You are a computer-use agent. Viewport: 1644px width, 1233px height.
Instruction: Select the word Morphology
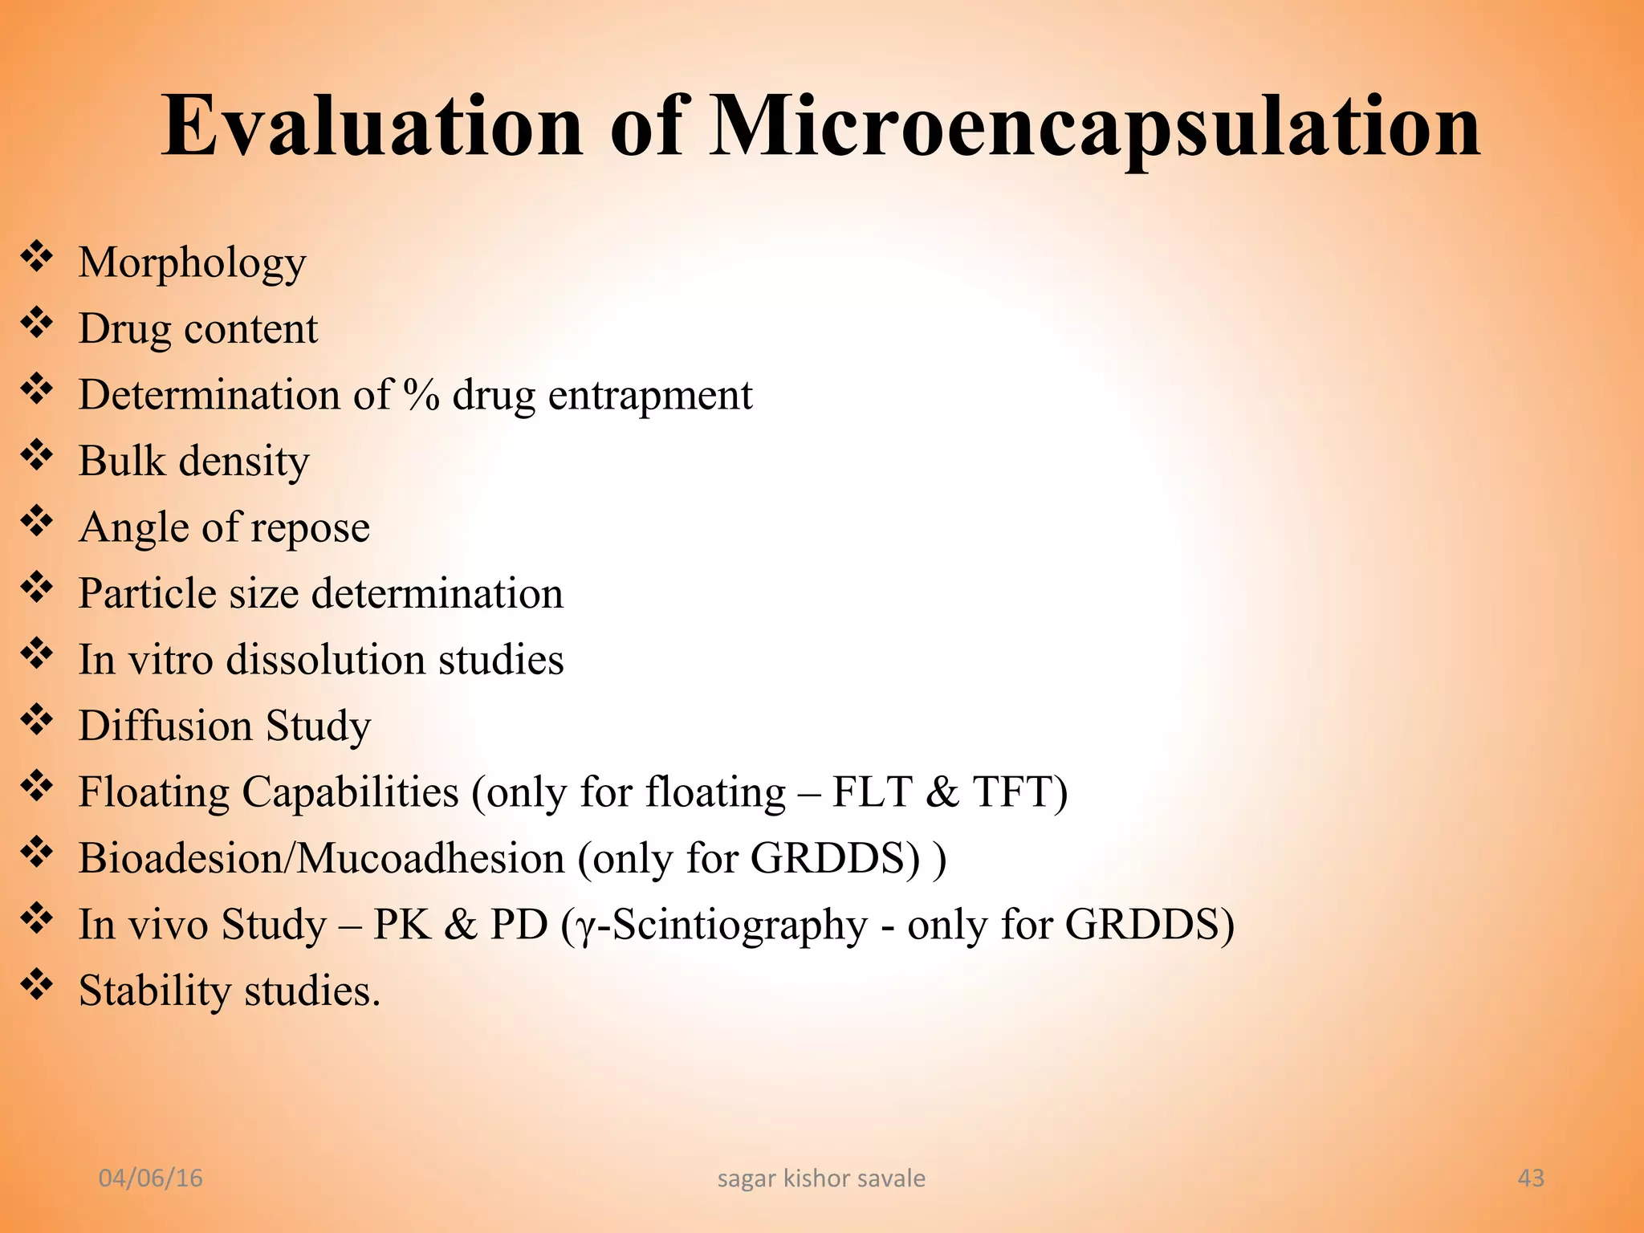pyautogui.click(x=192, y=263)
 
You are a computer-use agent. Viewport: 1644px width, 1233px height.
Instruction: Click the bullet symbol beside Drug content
pyautogui.click(x=36, y=324)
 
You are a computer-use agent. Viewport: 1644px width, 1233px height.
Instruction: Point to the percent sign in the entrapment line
pyautogui.click(x=421, y=395)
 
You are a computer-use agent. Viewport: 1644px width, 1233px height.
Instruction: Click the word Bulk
pyautogui.click(x=121, y=461)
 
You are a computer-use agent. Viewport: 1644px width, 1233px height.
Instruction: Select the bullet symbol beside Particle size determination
pyautogui.click(x=36, y=589)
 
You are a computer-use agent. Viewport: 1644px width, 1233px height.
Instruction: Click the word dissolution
pyautogui.click(x=325, y=660)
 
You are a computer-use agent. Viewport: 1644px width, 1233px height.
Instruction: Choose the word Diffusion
pyautogui.click(x=165, y=726)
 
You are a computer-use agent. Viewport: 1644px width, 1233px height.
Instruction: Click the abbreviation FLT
pyautogui.click(x=872, y=792)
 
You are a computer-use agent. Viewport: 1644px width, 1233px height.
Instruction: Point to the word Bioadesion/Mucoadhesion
pyautogui.click(x=321, y=858)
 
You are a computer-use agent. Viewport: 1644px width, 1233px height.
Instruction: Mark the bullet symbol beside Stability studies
pyautogui.click(x=36, y=986)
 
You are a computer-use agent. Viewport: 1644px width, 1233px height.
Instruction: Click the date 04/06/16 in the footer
pyautogui.click(x=150, y=1178)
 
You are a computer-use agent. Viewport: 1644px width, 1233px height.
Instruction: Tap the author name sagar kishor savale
pyautogui.click(x=821, y=1178)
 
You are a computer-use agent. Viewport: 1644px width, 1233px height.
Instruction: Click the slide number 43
pyautogui.click(x=1531, y=1178)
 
